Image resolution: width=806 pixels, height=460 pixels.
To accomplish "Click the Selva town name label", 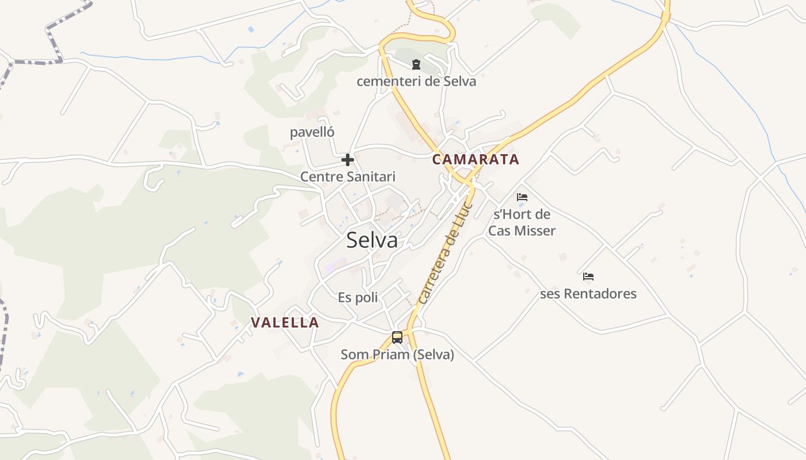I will [372, 240].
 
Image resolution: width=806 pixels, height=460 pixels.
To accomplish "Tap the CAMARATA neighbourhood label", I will [476, 159].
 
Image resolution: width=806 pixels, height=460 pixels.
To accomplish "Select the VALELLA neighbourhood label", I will [285, 323].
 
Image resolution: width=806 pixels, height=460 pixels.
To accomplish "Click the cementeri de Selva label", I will [416, 81].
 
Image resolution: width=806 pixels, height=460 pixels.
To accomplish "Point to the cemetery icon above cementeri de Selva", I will [416, 64].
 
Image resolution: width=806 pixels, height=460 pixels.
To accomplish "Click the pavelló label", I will [312, 132].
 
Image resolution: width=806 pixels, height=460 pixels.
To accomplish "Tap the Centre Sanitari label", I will [348, 177].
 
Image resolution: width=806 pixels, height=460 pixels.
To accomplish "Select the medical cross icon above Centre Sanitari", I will [348, 160].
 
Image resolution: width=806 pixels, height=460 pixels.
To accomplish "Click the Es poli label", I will [358, 297].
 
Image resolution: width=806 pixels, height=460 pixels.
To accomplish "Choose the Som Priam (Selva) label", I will [397, 355].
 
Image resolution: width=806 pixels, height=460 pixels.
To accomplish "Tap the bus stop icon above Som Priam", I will [397, 338].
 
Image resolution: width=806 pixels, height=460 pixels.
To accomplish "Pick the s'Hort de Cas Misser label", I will [522, 223].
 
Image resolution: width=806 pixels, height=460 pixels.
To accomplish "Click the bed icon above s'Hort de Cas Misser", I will [522, 197].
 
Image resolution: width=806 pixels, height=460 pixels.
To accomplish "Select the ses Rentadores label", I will [588, 294].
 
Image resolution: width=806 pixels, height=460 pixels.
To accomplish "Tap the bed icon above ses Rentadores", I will [588, 277].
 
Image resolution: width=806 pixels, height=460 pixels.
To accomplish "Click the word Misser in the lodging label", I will [535, 231].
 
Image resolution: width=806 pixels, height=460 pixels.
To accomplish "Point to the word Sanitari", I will [371, 177].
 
